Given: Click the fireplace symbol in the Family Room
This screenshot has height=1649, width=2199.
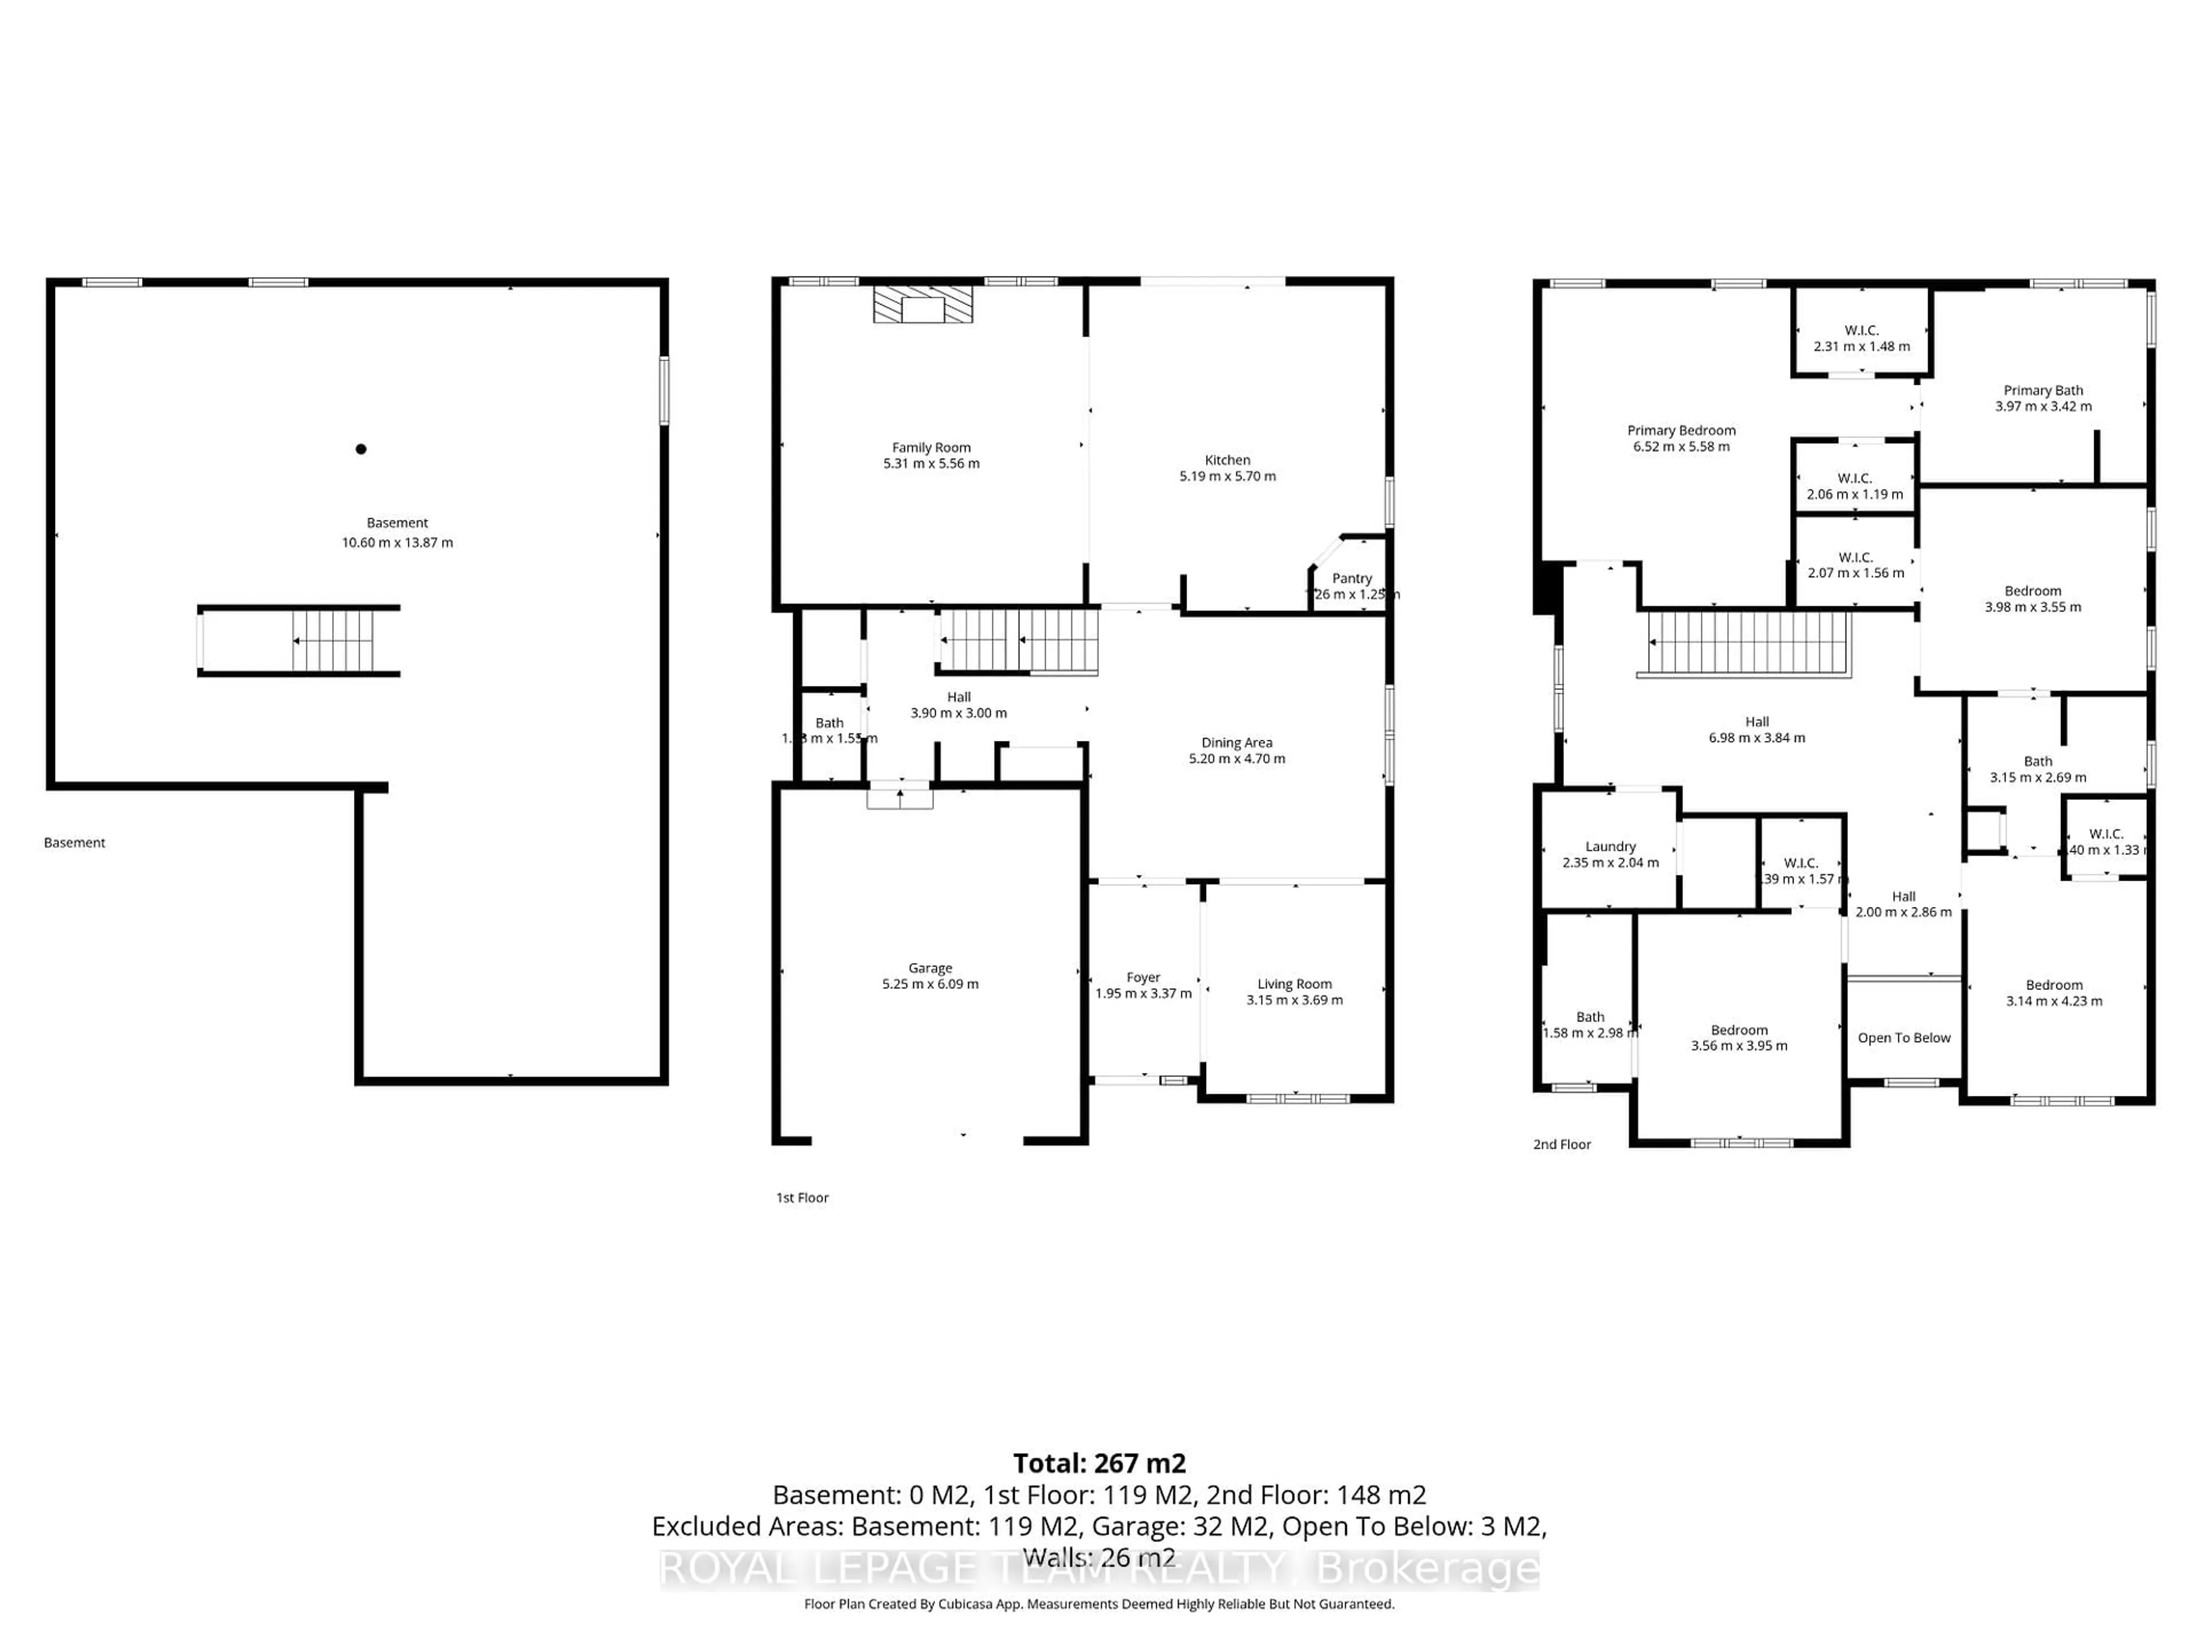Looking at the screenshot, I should pyautogui.click(x=923, y=305).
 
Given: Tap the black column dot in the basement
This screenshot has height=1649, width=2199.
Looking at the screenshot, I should pyautogui.click(x=361, y=449).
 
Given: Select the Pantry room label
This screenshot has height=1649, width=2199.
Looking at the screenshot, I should pyautogui.click(x=1352, y=578).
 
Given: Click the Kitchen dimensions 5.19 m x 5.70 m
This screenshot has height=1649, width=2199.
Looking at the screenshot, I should pyautogui.click(x=1228, y=476).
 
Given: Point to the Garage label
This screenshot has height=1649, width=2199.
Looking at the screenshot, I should pyautogui.click(x=931, y=968).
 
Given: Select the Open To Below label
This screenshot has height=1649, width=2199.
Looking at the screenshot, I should pyautogui.click(x=1904, y=1037).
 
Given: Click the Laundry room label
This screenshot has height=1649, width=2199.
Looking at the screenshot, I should pyautogui.click(x=1610, y=847).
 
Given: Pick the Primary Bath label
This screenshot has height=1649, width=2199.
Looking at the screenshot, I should pyautogui.click(x=2043, y=390).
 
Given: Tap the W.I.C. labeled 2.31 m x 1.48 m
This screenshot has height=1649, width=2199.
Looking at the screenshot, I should pyautogui.click(x=1861, y=338).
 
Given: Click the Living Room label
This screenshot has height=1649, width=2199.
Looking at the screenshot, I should pyautogui.click(x=1294, y=984).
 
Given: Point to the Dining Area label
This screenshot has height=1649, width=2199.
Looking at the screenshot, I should pyautogui.click(x=1237, y=743).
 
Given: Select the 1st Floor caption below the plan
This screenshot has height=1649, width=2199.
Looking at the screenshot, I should pyautogui.click(x=802, y=1198).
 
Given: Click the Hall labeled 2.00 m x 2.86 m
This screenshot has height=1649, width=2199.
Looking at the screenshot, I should pyautogui.click(x=1903, y=904).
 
